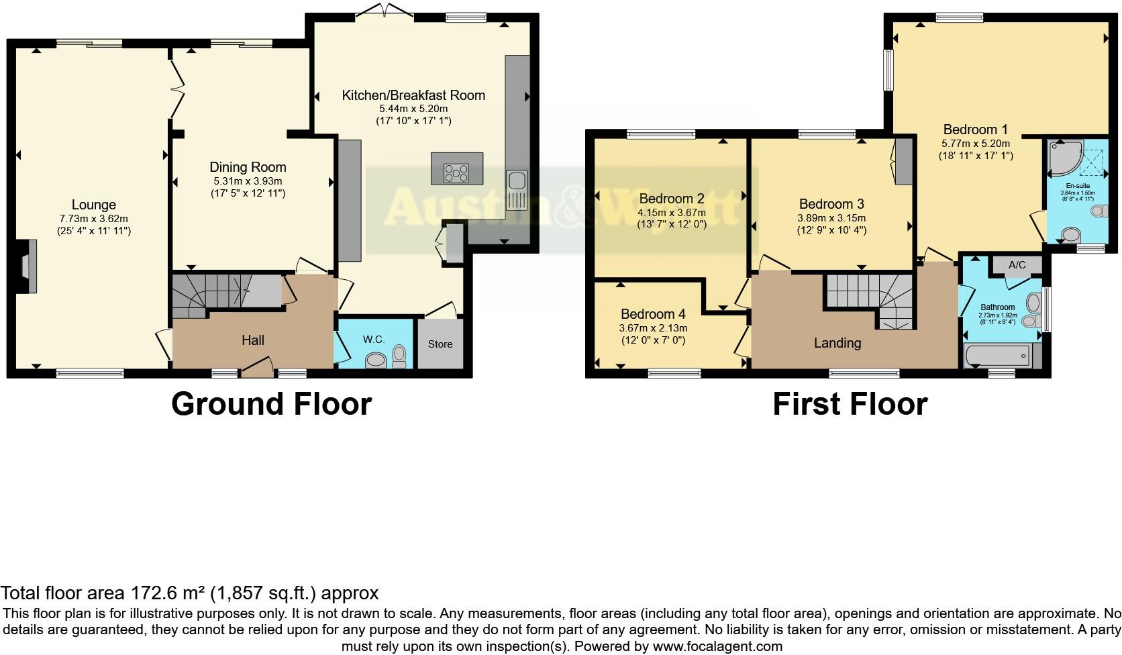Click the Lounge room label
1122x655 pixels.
point(94,205)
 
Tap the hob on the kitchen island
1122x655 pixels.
point(456,173)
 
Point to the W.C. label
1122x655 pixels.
point(374,340)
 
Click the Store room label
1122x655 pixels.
point(440,344)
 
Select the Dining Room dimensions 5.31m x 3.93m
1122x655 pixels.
point(248,181)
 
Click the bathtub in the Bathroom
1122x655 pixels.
point(997,355)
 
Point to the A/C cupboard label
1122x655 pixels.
point(1017,265)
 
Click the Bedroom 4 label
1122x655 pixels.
point(652,314)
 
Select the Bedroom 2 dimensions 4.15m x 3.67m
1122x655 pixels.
point(671,213)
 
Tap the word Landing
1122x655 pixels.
point(837,343)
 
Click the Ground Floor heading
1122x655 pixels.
point(271,404)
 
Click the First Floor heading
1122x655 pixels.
point(850,404)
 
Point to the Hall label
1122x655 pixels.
point(253,340)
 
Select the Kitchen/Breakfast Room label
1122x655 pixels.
point(413,95)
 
